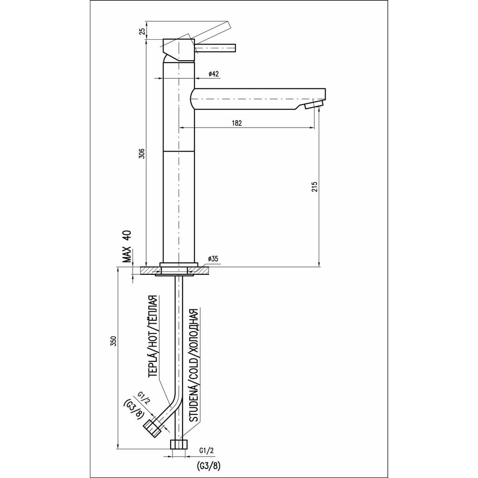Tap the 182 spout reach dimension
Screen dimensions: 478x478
point(237,123)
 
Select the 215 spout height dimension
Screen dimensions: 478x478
point(315,186)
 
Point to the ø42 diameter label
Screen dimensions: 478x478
point(214,74)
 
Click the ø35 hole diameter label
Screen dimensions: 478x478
point(213,259)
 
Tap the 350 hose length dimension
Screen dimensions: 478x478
point(113,341)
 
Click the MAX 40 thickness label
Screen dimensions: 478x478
point(127,246)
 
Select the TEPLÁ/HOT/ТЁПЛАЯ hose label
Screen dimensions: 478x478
point(153,337)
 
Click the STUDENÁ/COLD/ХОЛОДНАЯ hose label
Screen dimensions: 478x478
point(194,365)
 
